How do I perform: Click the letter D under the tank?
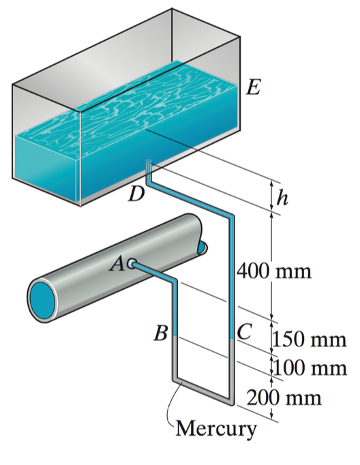(137, 196)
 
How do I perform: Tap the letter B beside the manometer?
(161, 334)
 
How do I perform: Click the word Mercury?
(217, 429)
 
